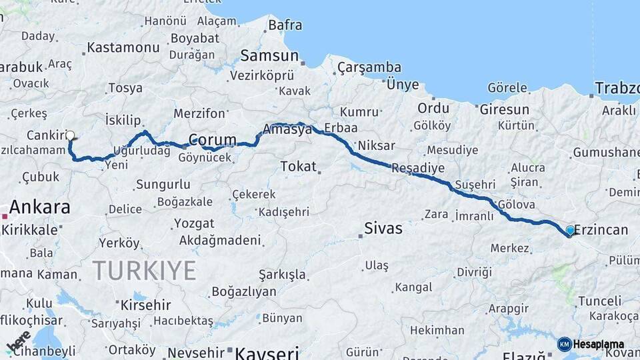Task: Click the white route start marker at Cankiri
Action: (70, 135)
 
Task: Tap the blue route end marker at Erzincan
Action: (570, 231)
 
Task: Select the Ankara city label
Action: (40, 207)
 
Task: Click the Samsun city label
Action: (269, 55)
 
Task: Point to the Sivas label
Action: (383, 229)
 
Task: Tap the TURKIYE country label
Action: (144, 271)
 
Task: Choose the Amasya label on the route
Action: (287, 129)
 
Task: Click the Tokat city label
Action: (298, 166)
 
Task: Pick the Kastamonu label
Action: (123, 47)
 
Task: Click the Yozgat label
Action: (194, 223)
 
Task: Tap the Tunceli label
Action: (599, 301)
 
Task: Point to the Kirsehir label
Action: (146, 305)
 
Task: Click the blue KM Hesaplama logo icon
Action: (564, 344)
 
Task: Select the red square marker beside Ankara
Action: (5, 216)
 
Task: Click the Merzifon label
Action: (199, 113)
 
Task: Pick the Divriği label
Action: (474, 272)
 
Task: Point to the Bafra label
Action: (285, 25)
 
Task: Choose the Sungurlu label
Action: (163, 185)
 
